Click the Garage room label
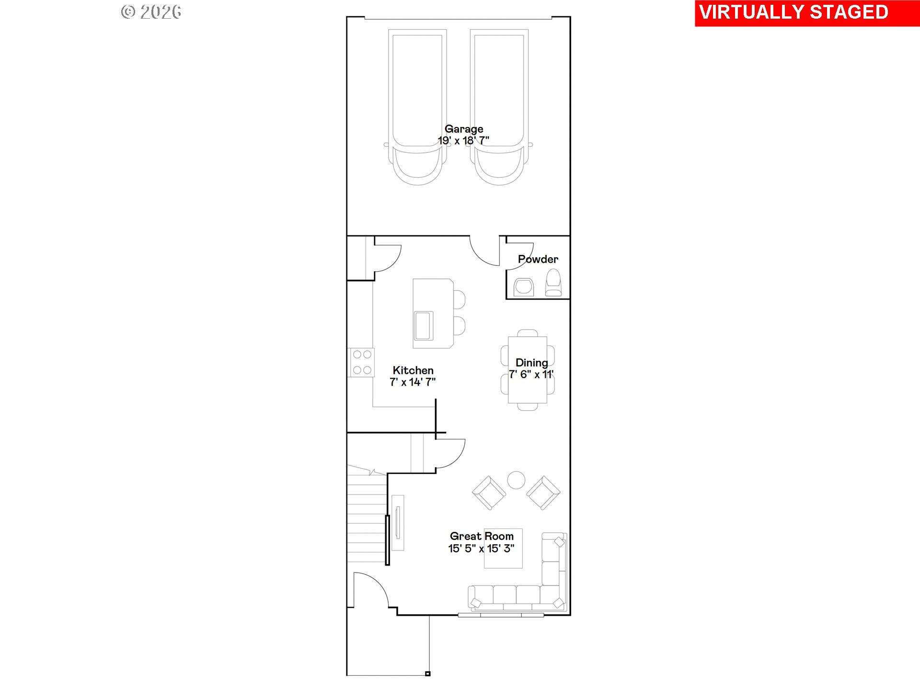coord(463,129)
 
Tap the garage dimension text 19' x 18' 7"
coord(463,141)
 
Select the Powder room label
coord(538,259)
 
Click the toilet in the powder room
coord(553,283)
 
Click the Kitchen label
coord(413,370)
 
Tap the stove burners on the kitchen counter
coord(362,362)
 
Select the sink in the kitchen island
coord(423,326)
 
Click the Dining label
coord(531,363)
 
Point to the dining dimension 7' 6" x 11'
coord(531,375)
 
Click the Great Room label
coord(481,536)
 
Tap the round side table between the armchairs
coord(516,480)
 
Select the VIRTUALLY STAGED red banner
coord(793,12)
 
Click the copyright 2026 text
coord(151,12)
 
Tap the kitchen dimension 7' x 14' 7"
coord(413,382)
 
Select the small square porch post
coord(427,674)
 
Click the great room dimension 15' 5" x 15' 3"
coord(481,549)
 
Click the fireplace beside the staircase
coord(398,523)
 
